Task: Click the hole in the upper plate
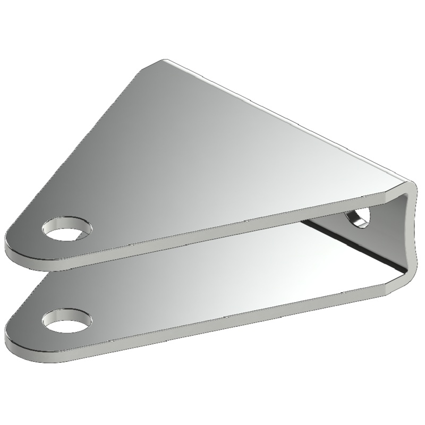coord(66,231)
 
